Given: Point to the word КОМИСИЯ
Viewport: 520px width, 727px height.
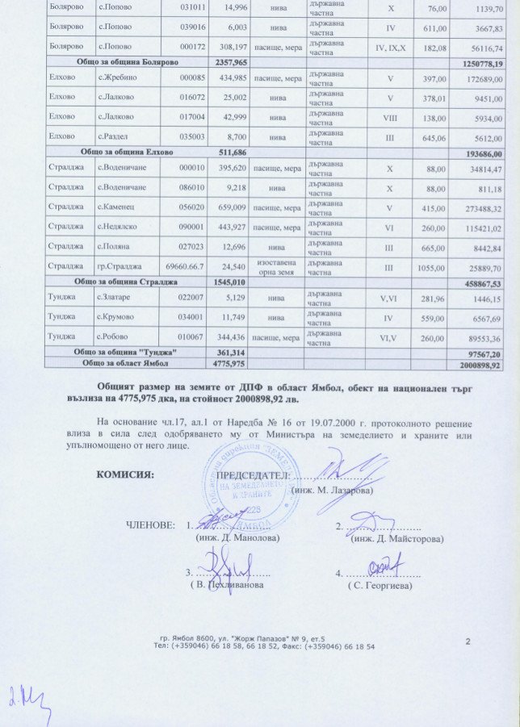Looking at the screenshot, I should [x=125, y=474].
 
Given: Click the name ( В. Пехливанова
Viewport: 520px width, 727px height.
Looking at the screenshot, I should [x=227, y=584].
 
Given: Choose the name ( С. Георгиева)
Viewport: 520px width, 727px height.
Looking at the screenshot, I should [x=380, y=584].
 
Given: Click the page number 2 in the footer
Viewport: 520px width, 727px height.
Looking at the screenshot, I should [x=468, y=641].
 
